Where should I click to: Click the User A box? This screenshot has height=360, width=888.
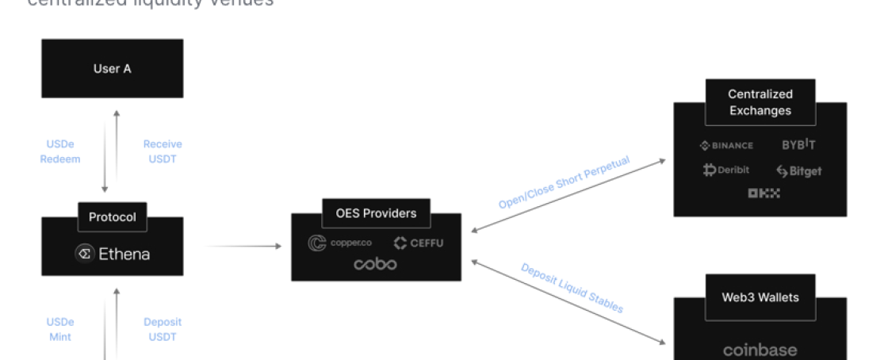coord(112,68)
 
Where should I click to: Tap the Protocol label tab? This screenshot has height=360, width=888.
coord(112,216)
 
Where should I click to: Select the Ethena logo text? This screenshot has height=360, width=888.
coord(113,254)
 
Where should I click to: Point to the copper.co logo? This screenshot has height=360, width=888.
coord(340,243)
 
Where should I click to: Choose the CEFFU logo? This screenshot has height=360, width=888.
coord(419,243)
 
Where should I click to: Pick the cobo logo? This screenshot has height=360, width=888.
coord(376,264)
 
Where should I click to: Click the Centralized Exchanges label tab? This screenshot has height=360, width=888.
coord(760,102)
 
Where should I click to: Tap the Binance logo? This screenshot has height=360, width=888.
coord(726,145)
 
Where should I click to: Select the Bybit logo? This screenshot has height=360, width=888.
coord(798,145)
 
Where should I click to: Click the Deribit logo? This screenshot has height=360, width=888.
coord(725,170)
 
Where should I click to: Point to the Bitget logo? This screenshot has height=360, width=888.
coord(798,170)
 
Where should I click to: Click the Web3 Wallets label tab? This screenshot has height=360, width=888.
coord(760,297)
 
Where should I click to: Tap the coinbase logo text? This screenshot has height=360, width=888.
coord(760,350)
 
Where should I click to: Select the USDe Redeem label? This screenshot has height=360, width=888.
coord(60,151)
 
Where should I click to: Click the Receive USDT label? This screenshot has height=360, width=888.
coord(163,151)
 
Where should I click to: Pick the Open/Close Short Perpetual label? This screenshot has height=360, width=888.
coord(564,183)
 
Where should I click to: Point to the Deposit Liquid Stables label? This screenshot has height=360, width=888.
coord(572,288)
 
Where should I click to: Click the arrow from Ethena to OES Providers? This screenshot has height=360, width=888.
coord(243,247)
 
